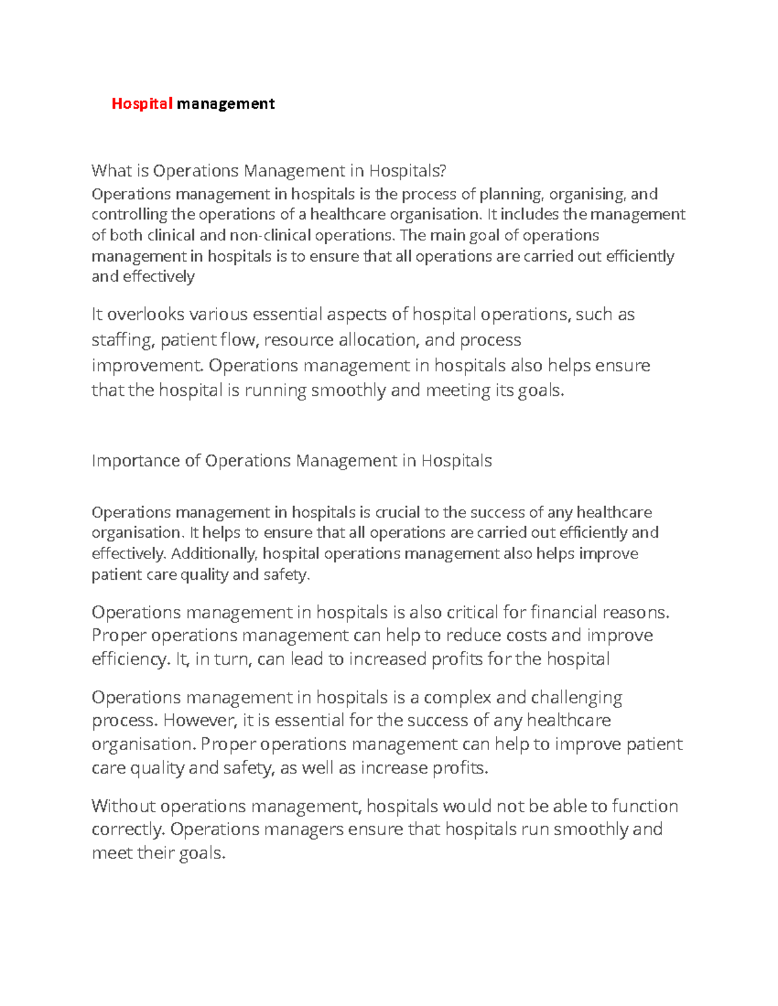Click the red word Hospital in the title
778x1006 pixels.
(141, 104)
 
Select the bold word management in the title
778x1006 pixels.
(226, 104)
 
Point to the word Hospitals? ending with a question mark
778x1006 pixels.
(408, 171)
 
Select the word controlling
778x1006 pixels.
(129, 215)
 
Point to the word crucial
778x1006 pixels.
(397, 512)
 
